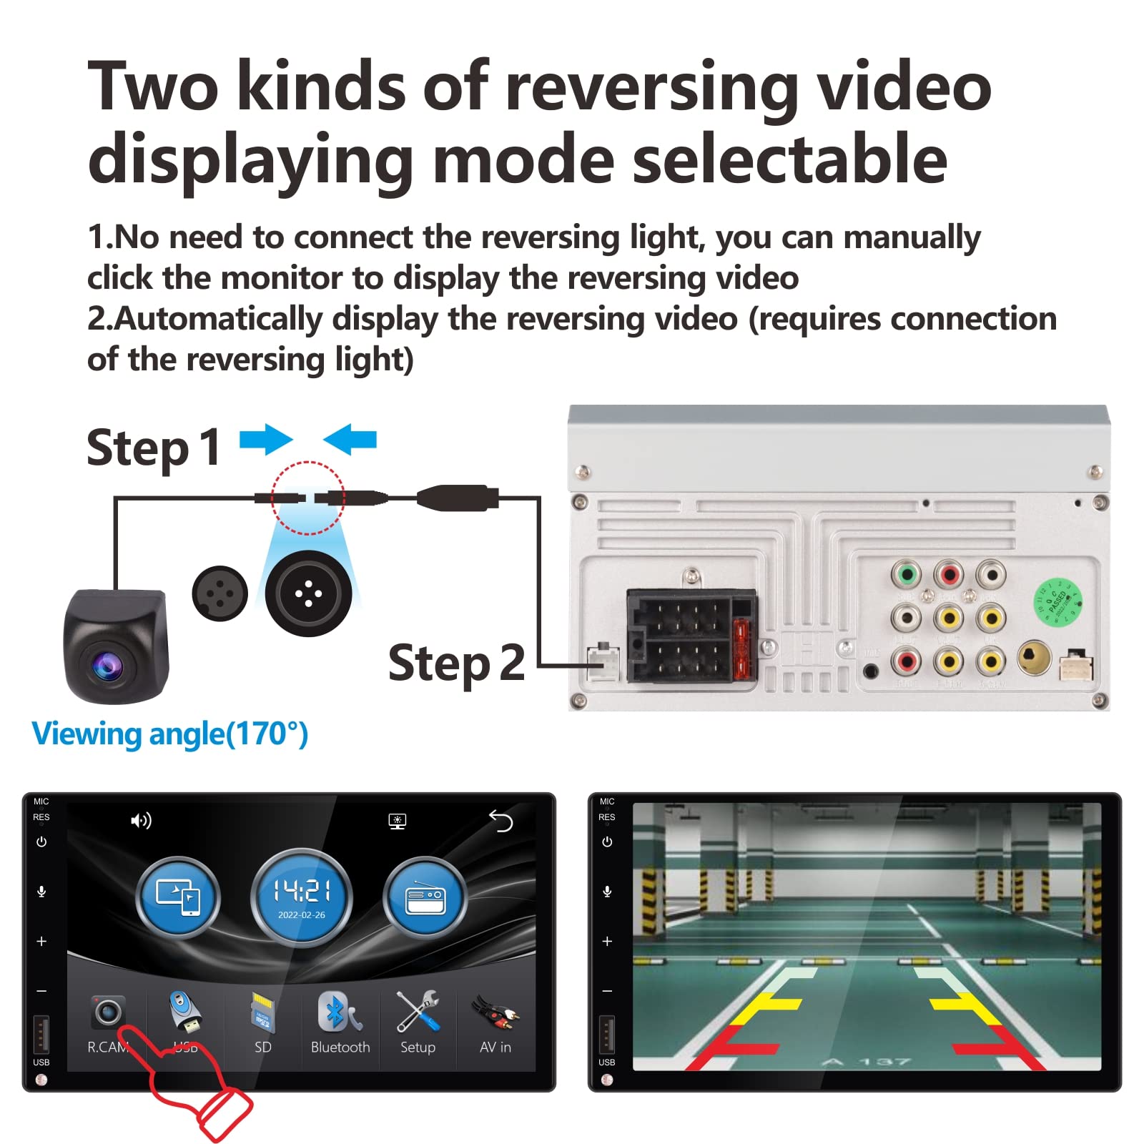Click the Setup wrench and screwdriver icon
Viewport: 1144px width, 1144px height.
click(418, 1011)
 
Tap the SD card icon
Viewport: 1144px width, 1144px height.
click(262, 1012)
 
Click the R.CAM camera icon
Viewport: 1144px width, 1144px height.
click(108, 1012)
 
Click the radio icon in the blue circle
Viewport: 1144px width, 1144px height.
click(425, 898)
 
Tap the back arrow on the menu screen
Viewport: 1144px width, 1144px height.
click(501, 821)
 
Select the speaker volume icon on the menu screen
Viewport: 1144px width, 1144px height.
click(141, 821)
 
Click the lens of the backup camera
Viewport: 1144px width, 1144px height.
click(106, 666)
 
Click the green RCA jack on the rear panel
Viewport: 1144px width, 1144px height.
click(906, 573)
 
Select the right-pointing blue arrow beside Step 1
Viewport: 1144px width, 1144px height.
click(266, 439)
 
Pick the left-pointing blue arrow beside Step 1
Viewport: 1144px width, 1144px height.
click(350, 439)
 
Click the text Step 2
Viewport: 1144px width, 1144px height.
click(455, 664)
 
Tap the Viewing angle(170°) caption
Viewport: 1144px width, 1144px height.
click(170, 734)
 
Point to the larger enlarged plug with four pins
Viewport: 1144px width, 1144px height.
click(308, 593)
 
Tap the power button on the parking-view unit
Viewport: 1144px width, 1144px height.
click(607, 842)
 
